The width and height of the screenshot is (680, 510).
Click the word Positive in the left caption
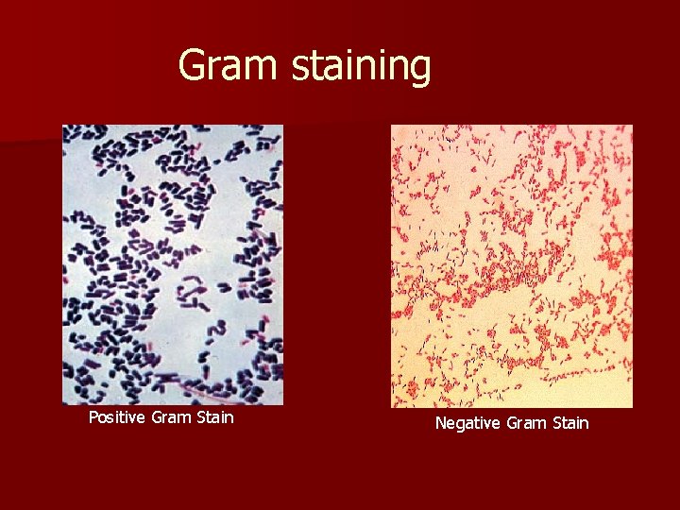[x=117, y=416]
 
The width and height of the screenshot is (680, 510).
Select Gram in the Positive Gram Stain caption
[x=172, y=416]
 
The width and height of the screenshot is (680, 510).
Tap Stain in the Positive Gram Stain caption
[x=216, y=416]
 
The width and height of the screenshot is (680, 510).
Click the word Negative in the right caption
[x=467, y=423]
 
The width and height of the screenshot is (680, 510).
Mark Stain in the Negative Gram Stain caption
[x=570, y=423]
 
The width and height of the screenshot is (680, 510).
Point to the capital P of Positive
[x=93, y=416]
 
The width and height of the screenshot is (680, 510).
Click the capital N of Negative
[x=440, y=423]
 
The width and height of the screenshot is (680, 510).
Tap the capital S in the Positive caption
[x=203, y=416]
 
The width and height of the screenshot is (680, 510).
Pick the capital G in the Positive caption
[x=156, y=416]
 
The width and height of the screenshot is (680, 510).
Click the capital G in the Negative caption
[x=511, y=423]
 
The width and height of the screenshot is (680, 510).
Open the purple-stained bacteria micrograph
[x=173, y=264]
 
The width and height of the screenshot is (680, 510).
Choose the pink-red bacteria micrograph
[x=512, y=266]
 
